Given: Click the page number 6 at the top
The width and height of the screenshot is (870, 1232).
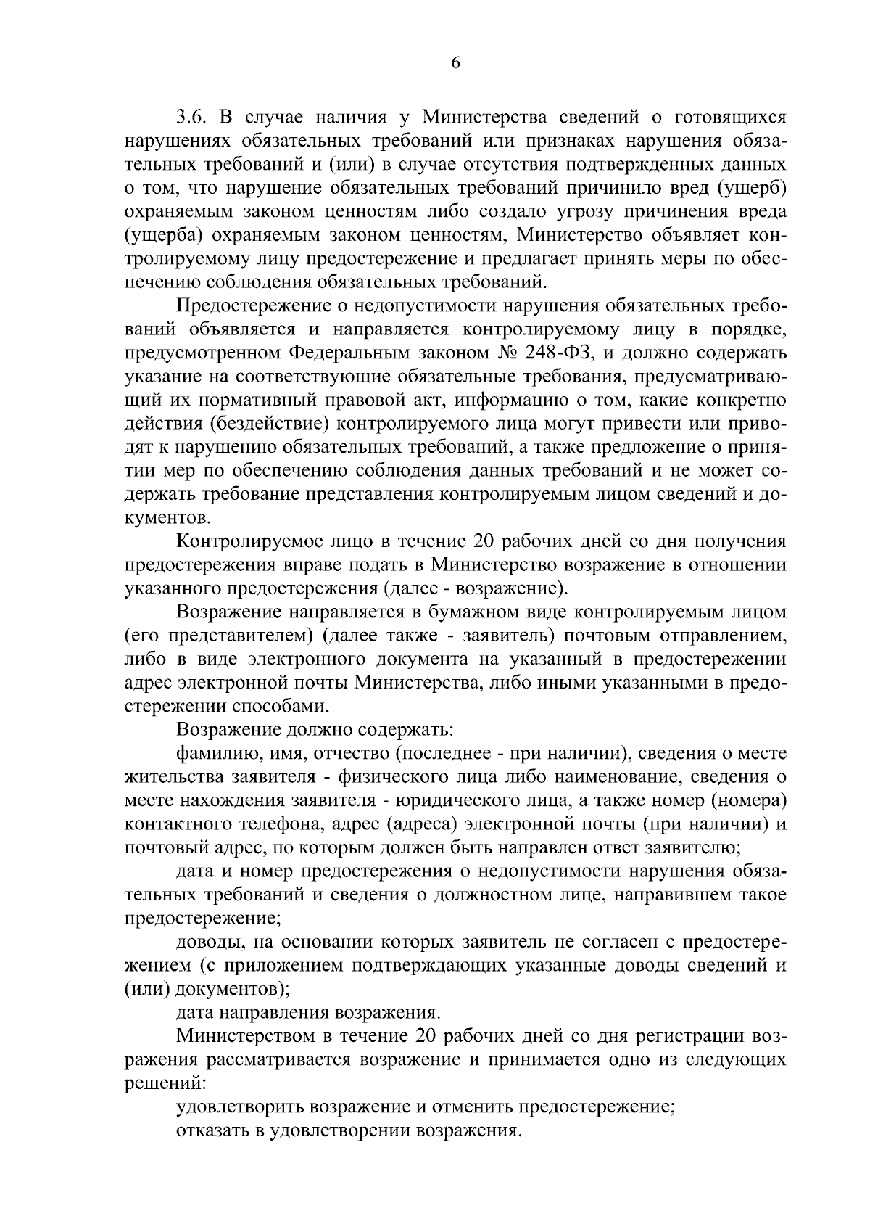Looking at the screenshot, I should [455, 63].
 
